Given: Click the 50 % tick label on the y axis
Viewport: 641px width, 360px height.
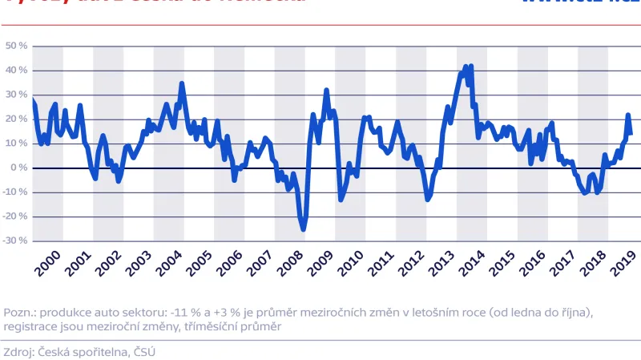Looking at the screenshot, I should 17,47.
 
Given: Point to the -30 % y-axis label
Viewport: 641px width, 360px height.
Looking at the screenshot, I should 15,241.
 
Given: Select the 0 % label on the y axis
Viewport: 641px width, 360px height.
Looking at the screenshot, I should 20,168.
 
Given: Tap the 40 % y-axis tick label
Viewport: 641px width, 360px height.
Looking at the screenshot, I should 17,71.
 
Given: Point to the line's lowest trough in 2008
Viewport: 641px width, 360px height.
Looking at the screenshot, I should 304,229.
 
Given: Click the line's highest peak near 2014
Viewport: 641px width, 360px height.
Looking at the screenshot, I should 470,66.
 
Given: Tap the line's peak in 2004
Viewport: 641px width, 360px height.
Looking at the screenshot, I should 182,83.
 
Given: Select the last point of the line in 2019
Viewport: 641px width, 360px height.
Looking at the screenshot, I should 631,133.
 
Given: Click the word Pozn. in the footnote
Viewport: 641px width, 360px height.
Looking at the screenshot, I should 20,313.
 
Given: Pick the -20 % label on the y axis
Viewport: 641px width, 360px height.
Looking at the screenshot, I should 15,216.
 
